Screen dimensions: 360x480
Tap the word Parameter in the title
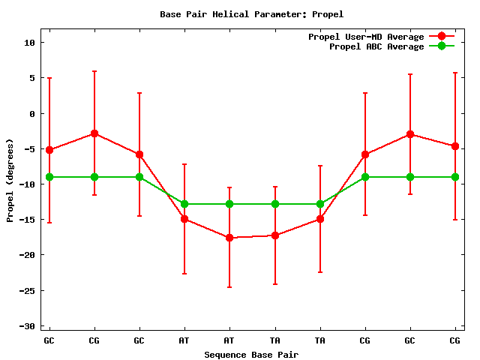click(283, 14)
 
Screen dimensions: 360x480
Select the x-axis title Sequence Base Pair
click(251, 354)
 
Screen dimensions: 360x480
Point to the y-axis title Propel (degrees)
click(10, 180)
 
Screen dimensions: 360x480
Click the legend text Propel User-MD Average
click(366, 37)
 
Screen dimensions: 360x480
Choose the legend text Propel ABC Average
click(376, 46)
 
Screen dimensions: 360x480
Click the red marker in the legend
click(442, 37)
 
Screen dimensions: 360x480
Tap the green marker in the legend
click(442, 46)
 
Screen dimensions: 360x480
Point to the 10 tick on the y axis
click(29, 43)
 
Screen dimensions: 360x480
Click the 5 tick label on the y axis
click(32, 78)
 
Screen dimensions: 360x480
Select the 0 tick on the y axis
click(32, 114)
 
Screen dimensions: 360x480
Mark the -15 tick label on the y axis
click(27, 220)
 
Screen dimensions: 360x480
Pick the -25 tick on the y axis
click(27, 290)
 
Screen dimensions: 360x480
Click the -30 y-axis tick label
click(27, 326)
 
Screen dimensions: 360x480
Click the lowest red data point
click(229, 238)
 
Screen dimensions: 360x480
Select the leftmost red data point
click(49, 150)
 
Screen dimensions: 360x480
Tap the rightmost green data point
click(455, 177)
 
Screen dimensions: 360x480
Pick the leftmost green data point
click(49, 177)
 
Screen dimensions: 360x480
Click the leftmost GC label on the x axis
click(49, 340)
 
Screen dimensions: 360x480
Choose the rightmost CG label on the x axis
click(455, 340)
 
